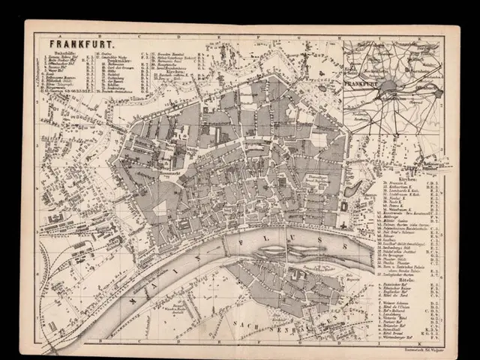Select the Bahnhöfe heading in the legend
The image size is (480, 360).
[x=61, y=53]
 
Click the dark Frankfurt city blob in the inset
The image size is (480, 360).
[x=390, y=88]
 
